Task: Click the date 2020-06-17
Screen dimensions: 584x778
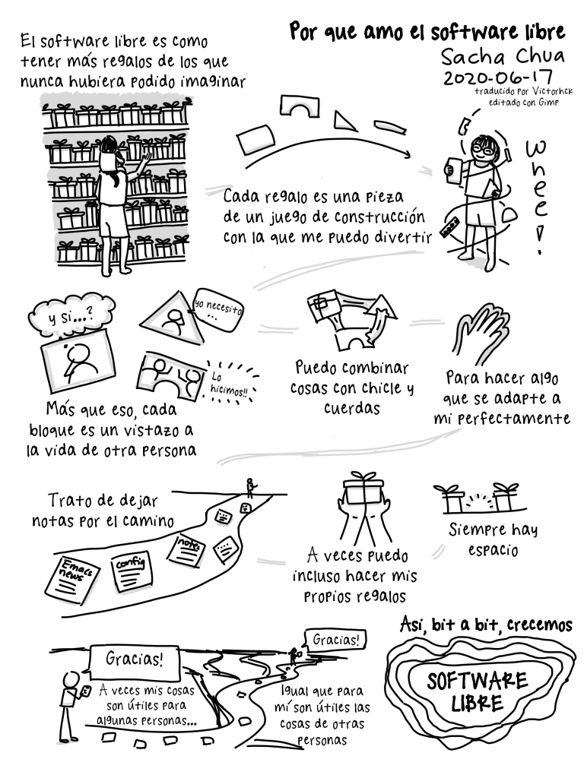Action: click(x=497, y=78)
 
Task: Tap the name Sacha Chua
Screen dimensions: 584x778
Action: click(x=503, y=55)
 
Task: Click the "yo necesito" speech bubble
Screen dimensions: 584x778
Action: click(x=217, y=311)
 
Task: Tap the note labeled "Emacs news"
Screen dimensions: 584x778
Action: click(x=71, y=578)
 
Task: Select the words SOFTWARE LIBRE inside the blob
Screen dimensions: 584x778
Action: click(x=477, y=691)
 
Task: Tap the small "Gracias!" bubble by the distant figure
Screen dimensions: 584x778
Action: click(x=335, y=639)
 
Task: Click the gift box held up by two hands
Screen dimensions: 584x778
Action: click(x=364, y=490)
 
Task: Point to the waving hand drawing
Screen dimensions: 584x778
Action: click(x=481, y=333)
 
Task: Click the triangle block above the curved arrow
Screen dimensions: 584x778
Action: click(x=344, y=121)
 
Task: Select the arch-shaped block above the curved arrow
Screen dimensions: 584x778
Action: click(x=299, y=106)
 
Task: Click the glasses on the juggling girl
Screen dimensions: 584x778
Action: click(x=483, y=147)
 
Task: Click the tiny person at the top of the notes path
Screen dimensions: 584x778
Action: click(x=251, y=487)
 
